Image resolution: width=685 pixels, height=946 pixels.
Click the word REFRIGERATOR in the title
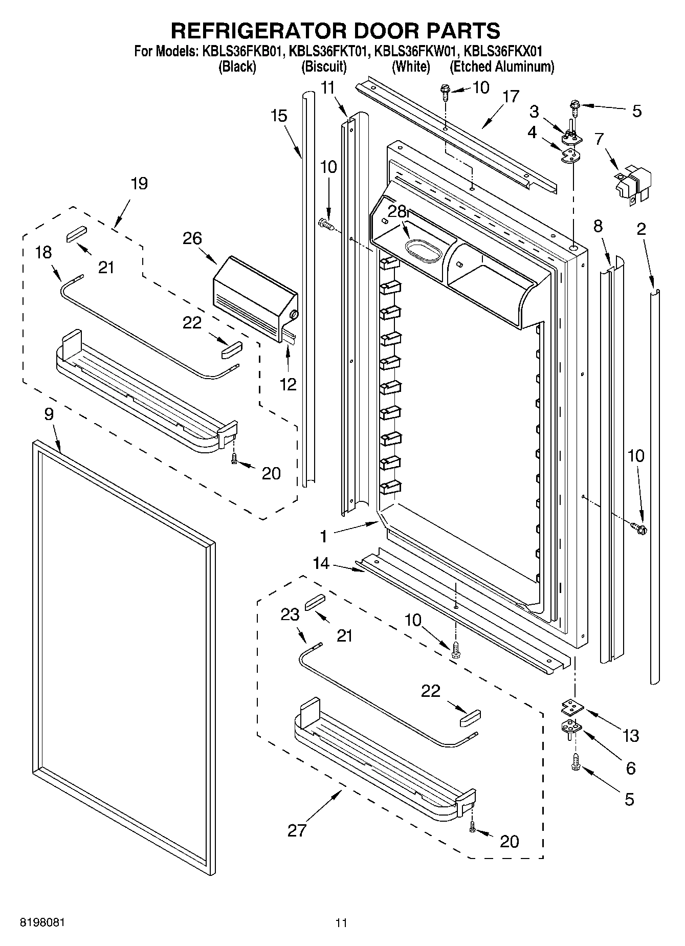click(x=258, y=31)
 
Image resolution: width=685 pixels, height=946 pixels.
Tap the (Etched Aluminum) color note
click(x=501, y=67)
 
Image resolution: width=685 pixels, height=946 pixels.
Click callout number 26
click(x=192, y=238)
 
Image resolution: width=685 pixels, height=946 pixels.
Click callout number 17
click(x=511, y=97)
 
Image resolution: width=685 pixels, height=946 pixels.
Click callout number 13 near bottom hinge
click(x=631, y=736)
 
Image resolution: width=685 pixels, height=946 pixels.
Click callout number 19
click(x=139, y=184)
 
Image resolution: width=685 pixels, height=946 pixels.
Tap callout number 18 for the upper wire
click(x=44, y=252)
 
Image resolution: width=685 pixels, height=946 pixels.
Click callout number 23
click(x=290, y=614)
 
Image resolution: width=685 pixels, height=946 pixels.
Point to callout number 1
click(x=323, y=536)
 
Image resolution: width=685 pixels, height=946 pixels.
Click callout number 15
click(x=279, y=116)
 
